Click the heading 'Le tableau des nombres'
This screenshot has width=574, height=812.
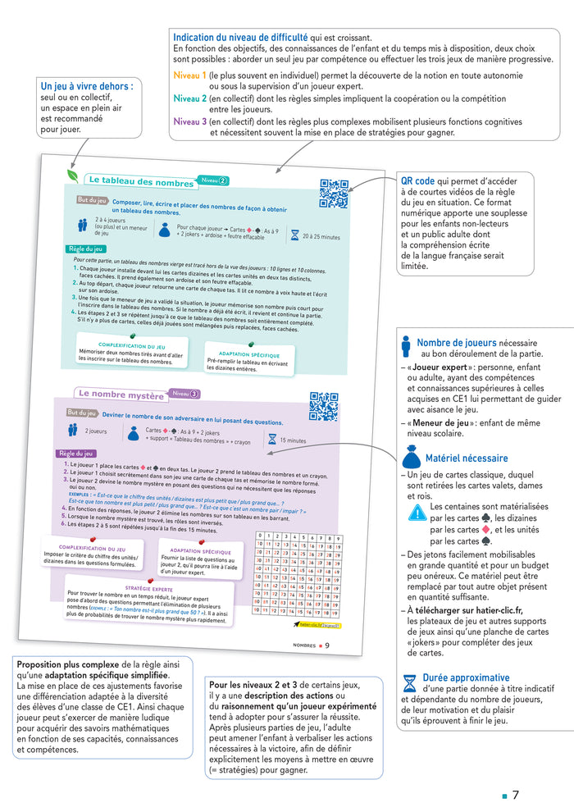(x=141, y=180)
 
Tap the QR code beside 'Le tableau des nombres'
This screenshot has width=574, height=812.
(x=334, y=194)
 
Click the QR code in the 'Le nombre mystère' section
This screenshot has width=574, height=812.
(x=323, y=406)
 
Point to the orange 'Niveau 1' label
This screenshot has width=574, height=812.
(x=190, y=75)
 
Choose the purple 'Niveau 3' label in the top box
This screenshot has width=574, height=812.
(x=190, y=121)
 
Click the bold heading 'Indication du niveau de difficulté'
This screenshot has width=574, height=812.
(x=240, y=38)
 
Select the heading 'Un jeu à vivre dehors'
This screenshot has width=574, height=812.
(x=87, y=85)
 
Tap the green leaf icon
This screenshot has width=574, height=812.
(x=74, y=177)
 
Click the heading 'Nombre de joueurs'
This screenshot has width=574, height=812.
(x=477, y=343)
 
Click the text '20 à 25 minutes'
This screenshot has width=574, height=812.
(x=321, y=236)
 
